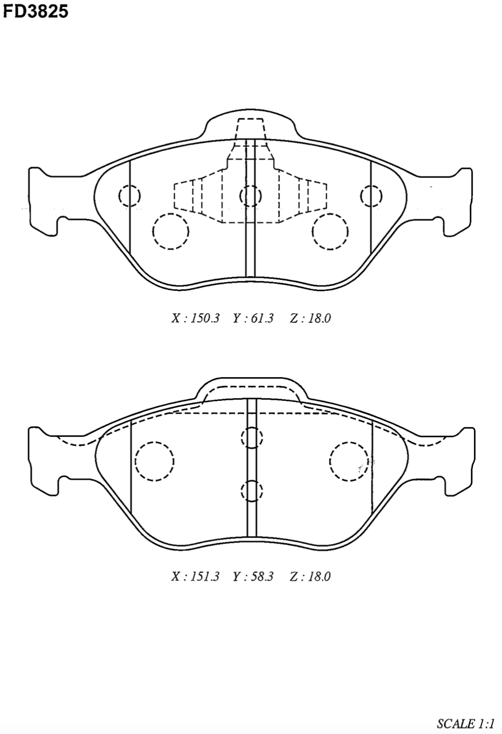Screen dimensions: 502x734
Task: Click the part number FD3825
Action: (35, 11)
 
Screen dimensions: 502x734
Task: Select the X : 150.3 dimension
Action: (195, 318)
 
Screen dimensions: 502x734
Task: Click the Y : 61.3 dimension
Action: (253, 318)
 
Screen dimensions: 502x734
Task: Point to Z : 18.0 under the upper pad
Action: (310, 318)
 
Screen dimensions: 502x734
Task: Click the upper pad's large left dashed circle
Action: (153, 232)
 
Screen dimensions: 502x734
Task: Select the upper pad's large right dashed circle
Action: (312, 232)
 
